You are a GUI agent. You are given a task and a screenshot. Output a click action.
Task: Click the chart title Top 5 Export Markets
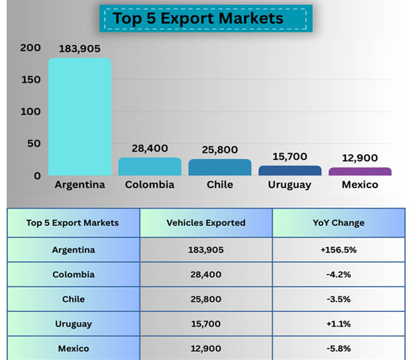pyautogui.click(x=199, y=18)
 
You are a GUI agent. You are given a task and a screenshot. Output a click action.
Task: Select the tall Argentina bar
pyautogui.click(x=80, y=117)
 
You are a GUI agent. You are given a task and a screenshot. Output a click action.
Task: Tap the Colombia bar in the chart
pyautogui.click(x=149, y=167)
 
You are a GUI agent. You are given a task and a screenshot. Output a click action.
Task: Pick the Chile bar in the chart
pyautogui.click(x=219, y=167)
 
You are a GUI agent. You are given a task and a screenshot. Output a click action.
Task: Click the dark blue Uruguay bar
pyautogui.click(x=290, y=171)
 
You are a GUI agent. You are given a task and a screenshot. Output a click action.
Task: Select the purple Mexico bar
pyautogui.click(x=360, y=171)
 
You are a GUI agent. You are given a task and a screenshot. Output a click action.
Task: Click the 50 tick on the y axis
pyautogui.click(x=33, y=143)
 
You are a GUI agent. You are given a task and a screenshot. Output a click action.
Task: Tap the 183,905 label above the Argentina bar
pyautogui.click(x=80, y=49)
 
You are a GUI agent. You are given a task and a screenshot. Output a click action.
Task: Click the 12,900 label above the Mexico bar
pyautogui.click(x=360, y=157)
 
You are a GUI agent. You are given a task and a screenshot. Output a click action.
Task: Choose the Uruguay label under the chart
pyautogui.click(x=290, y=185)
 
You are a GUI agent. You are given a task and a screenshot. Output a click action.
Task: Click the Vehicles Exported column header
pyautogui.click(x=205, y=223)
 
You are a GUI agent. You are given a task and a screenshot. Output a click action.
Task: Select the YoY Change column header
pyautogui.click(x=338, y=223)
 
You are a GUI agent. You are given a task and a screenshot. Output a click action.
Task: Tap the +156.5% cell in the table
pyautogui.click(x=338, y=249)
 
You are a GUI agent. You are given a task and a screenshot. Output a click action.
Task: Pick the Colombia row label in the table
pyautogui.click(x=73, y=275)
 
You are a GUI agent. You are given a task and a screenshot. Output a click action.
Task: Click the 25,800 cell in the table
pyautogui.click(x=205, y=299)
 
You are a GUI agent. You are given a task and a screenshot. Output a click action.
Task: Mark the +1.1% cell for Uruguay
pyautogui.click(x=338, y=324)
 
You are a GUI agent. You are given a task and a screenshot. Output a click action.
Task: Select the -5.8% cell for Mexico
pyautogui.click(x=338, y=349)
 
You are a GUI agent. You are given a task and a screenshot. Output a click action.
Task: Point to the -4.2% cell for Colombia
pyautogui.click(x=338, y=275)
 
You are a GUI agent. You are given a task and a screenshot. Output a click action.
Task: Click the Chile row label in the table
pyautogui.click(x=73, y=299)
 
